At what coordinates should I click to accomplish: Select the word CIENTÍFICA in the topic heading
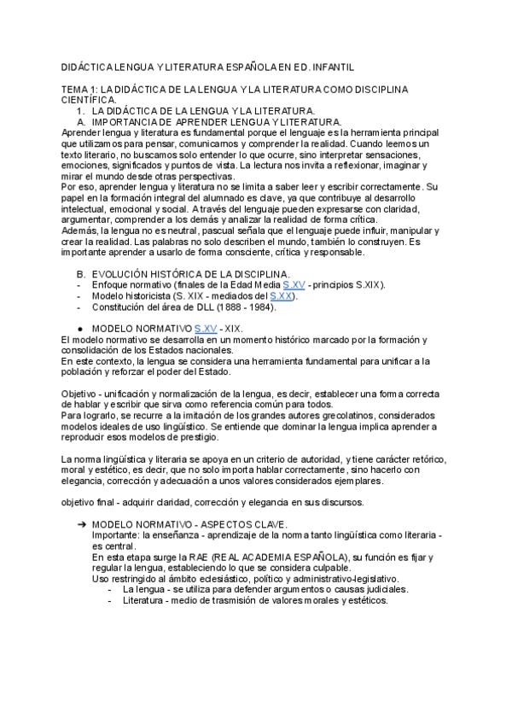[x=89, y=99]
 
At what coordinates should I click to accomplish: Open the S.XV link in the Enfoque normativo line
[x=293, y=284]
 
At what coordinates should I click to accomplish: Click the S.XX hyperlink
[x=282, y=295]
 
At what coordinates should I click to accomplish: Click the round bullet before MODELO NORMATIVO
[x=79, y=328]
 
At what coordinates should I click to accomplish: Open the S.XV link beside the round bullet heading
[x=206, y=328]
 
